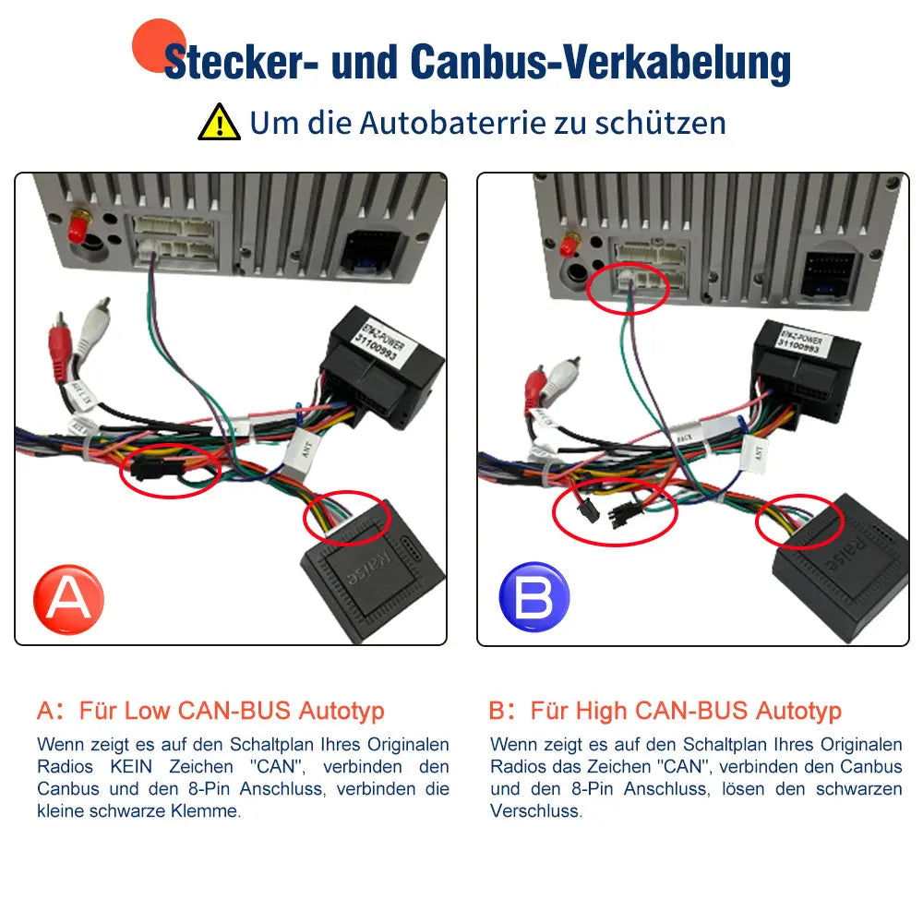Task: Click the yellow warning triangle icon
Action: click(x=219, y=122)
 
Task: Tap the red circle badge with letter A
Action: click(x=68, y=599)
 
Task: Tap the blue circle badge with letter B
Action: click(x=533, y=597)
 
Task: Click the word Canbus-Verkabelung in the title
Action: click(x=600, y=63)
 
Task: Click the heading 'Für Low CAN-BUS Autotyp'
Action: click(x=231, y=711)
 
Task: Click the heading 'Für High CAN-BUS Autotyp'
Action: click(x=685, y=711)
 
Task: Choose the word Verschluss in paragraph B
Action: click(x=536, y=811)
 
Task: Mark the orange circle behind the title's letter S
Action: click(x=159, y=45)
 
